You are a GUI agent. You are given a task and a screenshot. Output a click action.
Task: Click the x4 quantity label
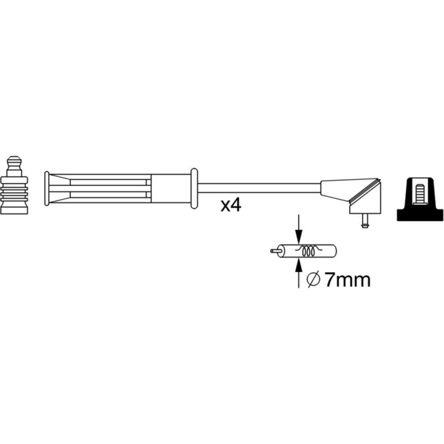pos(231,205)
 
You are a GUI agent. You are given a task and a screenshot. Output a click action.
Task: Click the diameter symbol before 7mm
pos(313,280)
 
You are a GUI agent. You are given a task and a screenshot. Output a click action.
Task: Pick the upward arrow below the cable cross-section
pos(299,273)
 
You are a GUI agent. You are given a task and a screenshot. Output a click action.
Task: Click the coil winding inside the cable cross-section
pos(308,251)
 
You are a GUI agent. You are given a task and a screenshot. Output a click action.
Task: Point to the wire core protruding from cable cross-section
pos(275,251)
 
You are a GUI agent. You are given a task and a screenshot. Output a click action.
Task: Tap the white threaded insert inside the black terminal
pos(420,194)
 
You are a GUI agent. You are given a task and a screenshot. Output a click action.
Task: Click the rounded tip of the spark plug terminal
pos(14,162)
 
